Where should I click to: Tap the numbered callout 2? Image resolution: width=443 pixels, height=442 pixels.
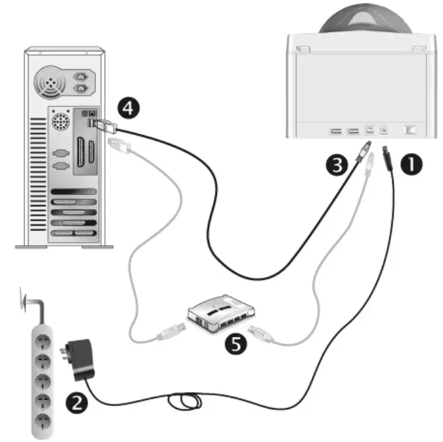[75, 401]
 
